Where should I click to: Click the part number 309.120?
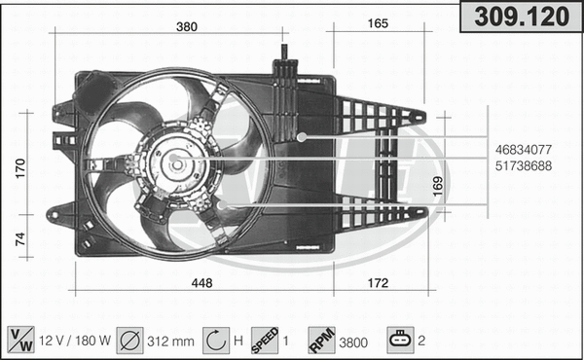pos(520,16)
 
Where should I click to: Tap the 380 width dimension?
pos(188,26)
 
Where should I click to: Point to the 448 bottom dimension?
pos(201,283)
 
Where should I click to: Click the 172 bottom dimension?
pos(378,283)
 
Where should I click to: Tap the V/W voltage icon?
pos(19,340)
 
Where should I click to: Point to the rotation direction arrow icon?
pos(213,340)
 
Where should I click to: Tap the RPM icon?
pos(321,340)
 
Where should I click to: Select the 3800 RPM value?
pos(354,341)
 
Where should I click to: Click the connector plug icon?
pos(399,340)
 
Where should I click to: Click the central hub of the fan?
pos(176,162)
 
